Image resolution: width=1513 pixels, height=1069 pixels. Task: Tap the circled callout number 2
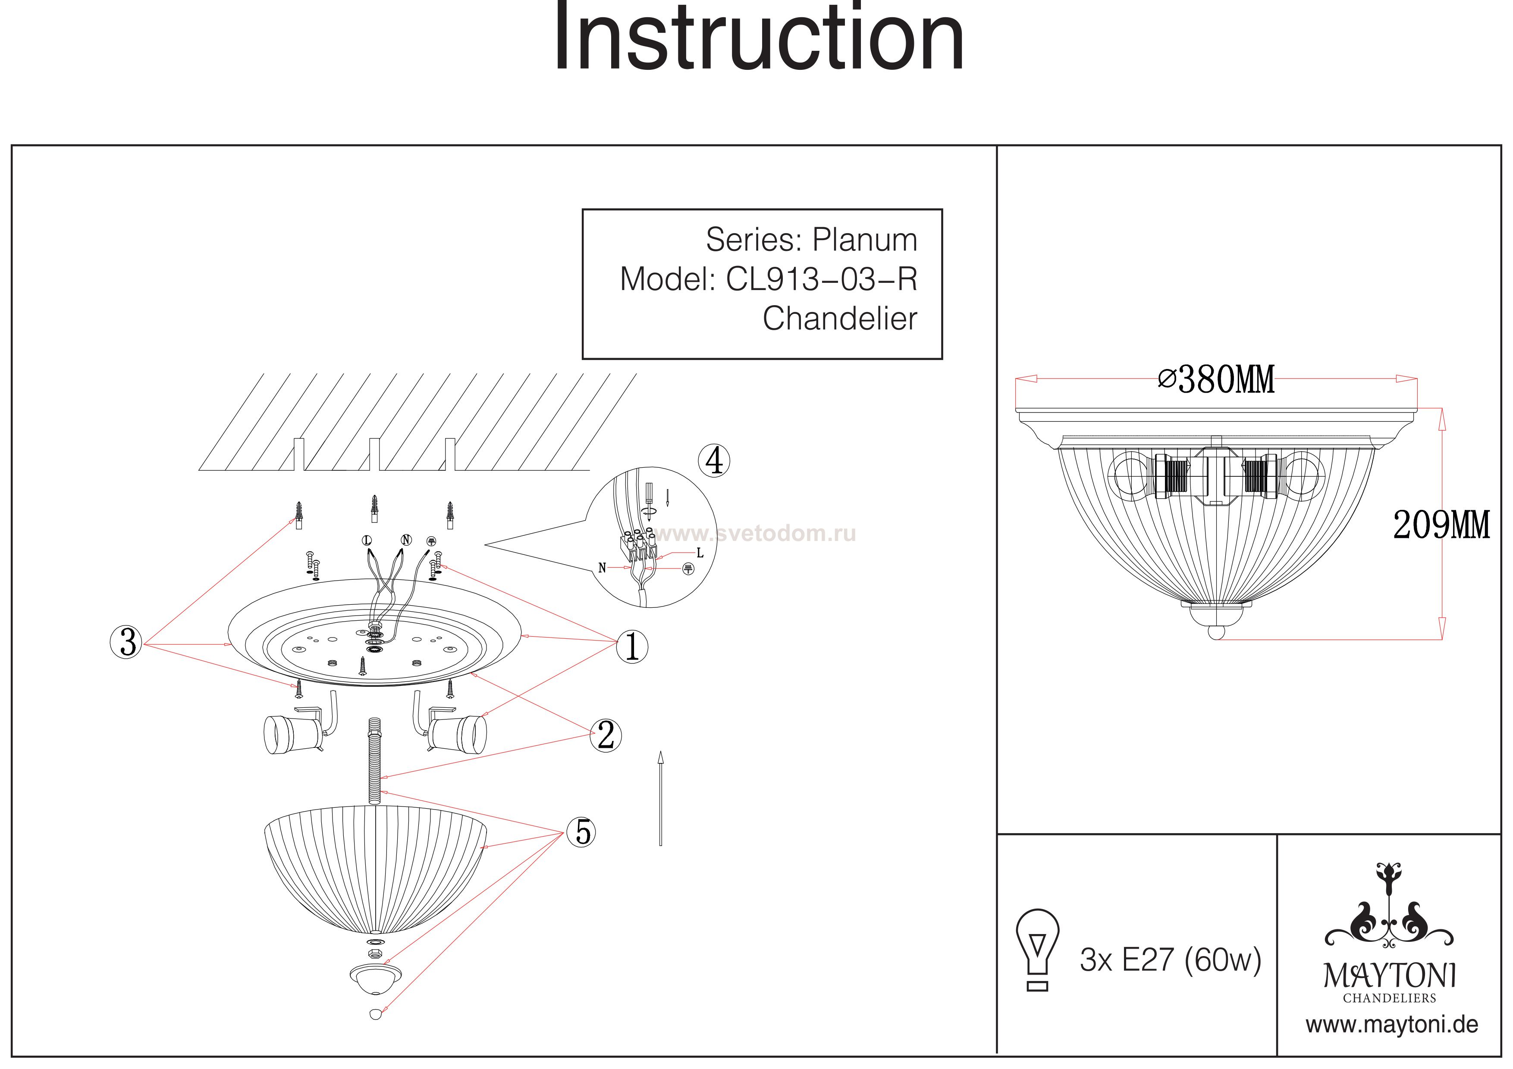coord(606,736)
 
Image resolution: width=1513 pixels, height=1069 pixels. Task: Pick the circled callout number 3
coord(126,642)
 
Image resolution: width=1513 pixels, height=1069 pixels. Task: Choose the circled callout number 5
coord(582,832)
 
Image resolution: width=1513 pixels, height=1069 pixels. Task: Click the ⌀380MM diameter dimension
coord(1216,380)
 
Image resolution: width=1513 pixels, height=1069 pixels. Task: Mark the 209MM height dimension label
coord(1441,525)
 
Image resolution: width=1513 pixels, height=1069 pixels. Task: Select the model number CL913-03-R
coord(821,279)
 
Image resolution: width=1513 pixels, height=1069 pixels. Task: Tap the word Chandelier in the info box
coord(840,319)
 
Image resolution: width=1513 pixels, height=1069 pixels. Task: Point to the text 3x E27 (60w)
coord(1171,960)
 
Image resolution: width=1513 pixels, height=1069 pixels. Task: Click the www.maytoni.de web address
coord(1392,1025)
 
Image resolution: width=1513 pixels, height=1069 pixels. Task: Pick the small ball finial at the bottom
coord(376,1014)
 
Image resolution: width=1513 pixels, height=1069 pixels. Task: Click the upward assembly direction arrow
coord(660,797)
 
